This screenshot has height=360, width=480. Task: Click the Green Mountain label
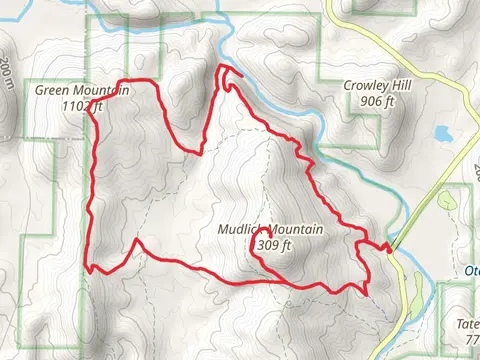(82, 90)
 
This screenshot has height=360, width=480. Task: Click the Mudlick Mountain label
(270, 230)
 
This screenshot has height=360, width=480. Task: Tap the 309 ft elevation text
(273, 245)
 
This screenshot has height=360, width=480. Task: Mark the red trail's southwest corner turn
(90, 268)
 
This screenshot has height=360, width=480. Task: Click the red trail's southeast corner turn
(366, 292)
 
